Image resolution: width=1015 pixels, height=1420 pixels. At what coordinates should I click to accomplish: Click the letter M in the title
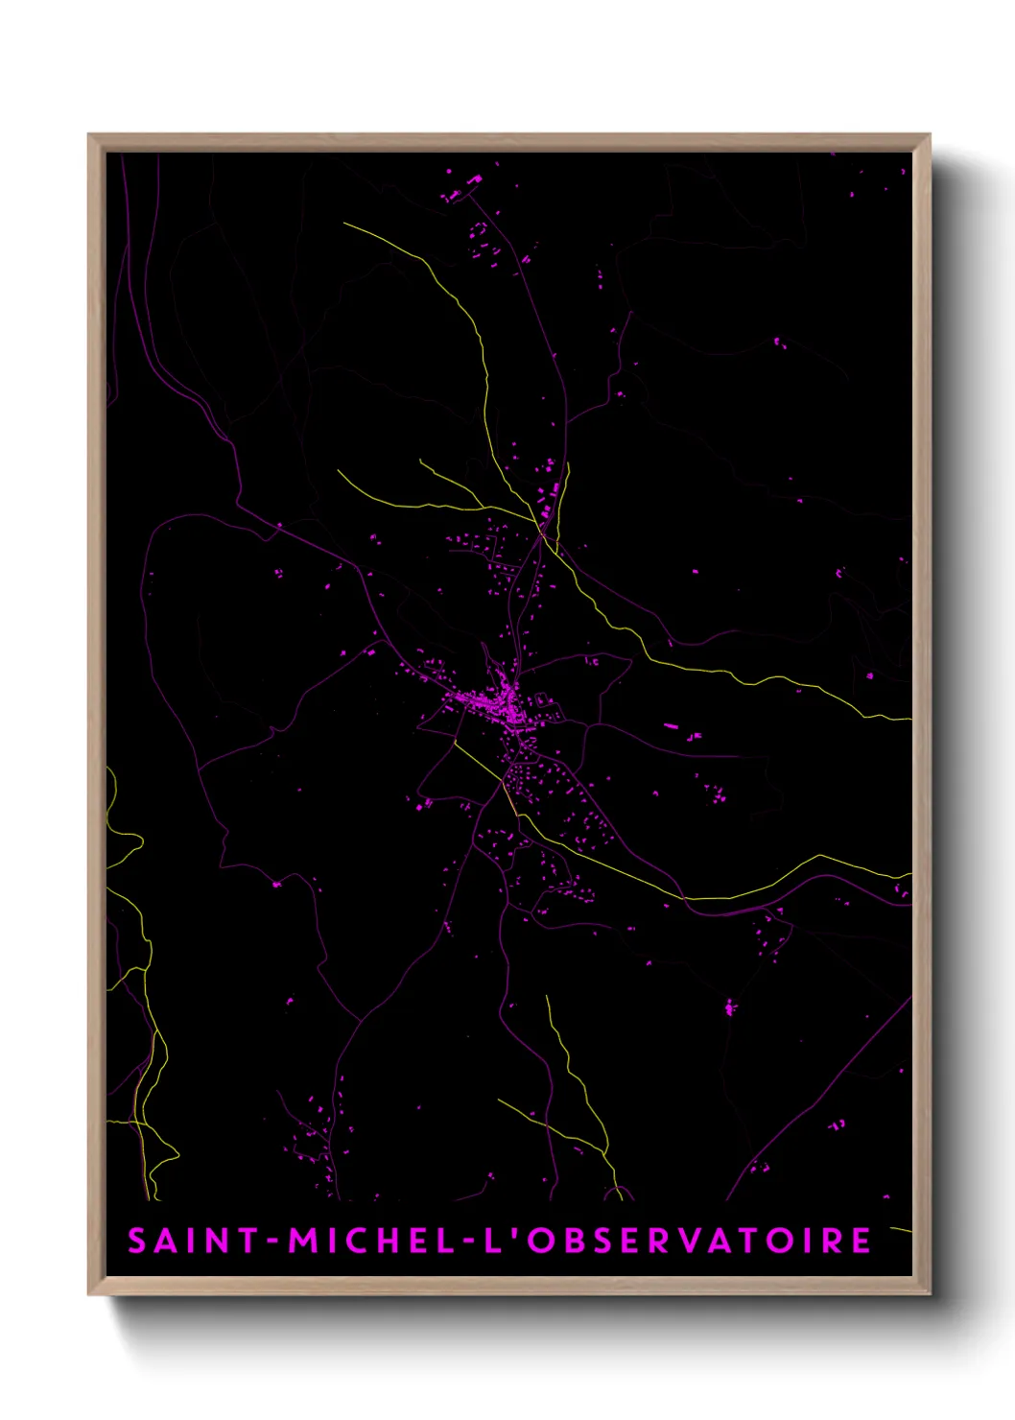303,1241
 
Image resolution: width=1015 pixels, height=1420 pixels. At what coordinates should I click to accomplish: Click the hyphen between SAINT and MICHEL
273,1242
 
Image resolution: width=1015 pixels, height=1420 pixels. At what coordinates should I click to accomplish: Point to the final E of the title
860,1241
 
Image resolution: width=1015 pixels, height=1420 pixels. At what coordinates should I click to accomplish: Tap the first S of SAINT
137,1241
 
